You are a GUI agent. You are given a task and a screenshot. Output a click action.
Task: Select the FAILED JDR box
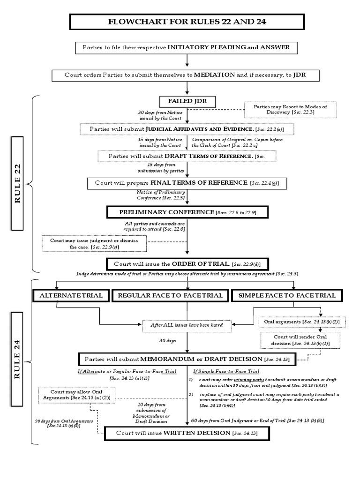(187, 101)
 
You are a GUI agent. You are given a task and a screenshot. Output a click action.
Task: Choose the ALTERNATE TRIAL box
(70, 295)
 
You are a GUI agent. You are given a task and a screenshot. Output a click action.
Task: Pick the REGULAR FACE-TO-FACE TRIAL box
(170, 295)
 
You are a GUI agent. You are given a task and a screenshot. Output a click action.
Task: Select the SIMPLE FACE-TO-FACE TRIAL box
(287, 295)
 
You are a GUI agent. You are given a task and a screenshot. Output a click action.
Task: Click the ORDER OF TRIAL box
(187, 264)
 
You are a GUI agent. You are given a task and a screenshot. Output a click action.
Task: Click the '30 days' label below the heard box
(168, 340)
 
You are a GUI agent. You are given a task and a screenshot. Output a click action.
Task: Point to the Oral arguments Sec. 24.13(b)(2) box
(296, 322)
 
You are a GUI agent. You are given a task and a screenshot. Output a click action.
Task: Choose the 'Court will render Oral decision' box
(295, 340)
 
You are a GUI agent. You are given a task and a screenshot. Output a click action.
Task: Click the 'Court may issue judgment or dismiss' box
(94, 243)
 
